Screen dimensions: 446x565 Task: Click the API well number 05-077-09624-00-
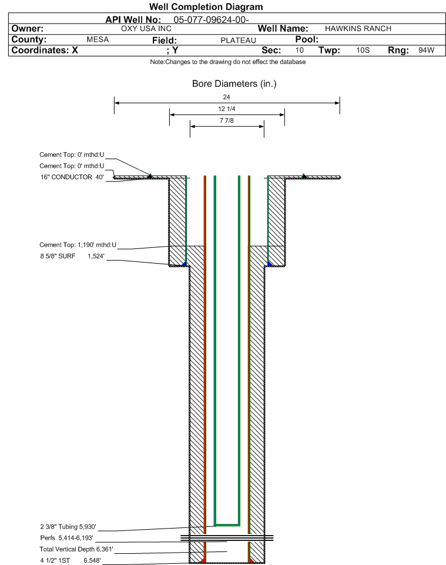pyautogui.click(x=212, y=20)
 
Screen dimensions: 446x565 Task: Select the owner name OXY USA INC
pyautogui.click(x=146, y=29)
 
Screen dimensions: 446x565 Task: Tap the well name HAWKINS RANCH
pyautogui.click(x=358, y=29)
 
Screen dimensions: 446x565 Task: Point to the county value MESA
pyautogui.click(x=98, y=39)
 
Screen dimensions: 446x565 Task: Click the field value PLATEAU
pyautogui.click(x=239, y=41)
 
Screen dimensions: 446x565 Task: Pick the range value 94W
pyautogui.click(x=427, y=50)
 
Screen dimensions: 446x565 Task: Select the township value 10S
pyautogui.click(x=363, y=50)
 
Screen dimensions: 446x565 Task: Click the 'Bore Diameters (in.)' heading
pyautogui.click(x=234, y=84)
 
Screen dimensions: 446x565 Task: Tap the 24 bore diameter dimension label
pyautogui.click(x=226, y=97)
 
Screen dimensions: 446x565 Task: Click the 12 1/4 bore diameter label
pyautogui.click(x=227, y=109)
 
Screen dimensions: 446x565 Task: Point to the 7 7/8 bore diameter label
pyautogui.click(x=227, y=120)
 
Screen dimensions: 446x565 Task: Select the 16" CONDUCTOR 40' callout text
pyautogui.click(x=72, y=177)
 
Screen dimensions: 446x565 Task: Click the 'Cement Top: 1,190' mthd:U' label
pyautogui.click(x=78, y=245)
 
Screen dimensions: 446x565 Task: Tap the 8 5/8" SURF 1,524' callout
pyautogui.click(x=72, y=256)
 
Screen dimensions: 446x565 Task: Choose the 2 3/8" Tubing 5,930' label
pyautogui.click(x=68, y=527)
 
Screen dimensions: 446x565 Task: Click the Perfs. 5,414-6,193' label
pyautogui.click(x=67, y=538)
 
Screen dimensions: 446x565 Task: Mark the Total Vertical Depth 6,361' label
pyautogui.click(x=76, y=549)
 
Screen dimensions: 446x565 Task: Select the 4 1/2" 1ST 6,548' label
pyautogui.click(x=71, y=560)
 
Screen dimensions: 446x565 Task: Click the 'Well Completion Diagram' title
pyautogui.click(x=206, y=7)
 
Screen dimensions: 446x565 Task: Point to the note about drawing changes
pyautogui.click(x=228, y=62)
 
